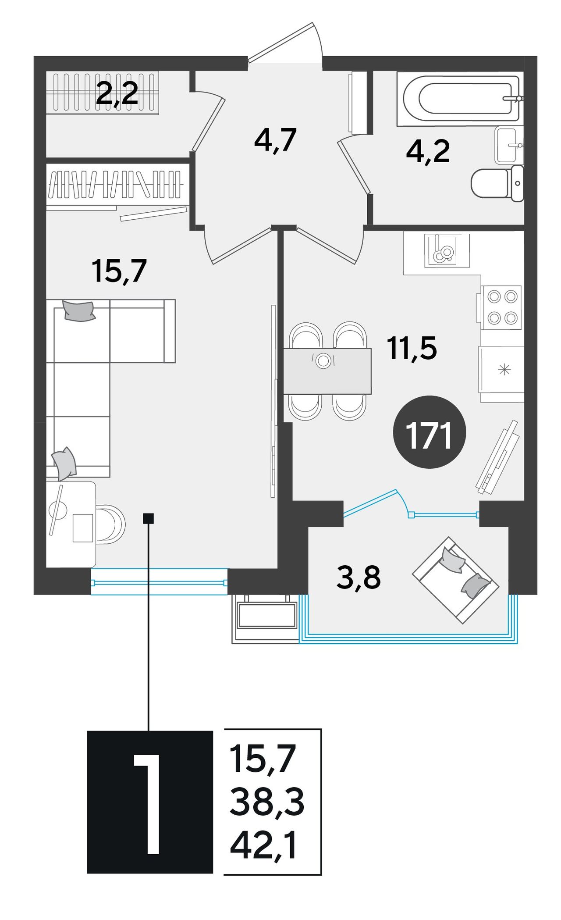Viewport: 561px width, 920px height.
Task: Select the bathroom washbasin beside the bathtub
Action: [x=509, y=145]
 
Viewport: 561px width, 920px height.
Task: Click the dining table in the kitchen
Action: [x=327, y=371]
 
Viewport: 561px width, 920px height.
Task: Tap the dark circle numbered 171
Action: [x=430, y=432]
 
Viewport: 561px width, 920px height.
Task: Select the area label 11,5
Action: [x=412, y=348]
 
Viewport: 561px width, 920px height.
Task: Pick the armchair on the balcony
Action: [x=455, y=580]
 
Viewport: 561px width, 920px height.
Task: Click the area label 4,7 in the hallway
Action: [x=276, y=140]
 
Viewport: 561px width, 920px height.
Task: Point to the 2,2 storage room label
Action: [x=117, y=93]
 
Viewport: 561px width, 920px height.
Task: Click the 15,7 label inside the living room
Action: [x=119, y=271]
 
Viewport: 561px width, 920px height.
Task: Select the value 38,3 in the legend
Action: [x=267, y=802]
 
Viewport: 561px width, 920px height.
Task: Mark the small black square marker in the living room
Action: [x=149, y=518]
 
